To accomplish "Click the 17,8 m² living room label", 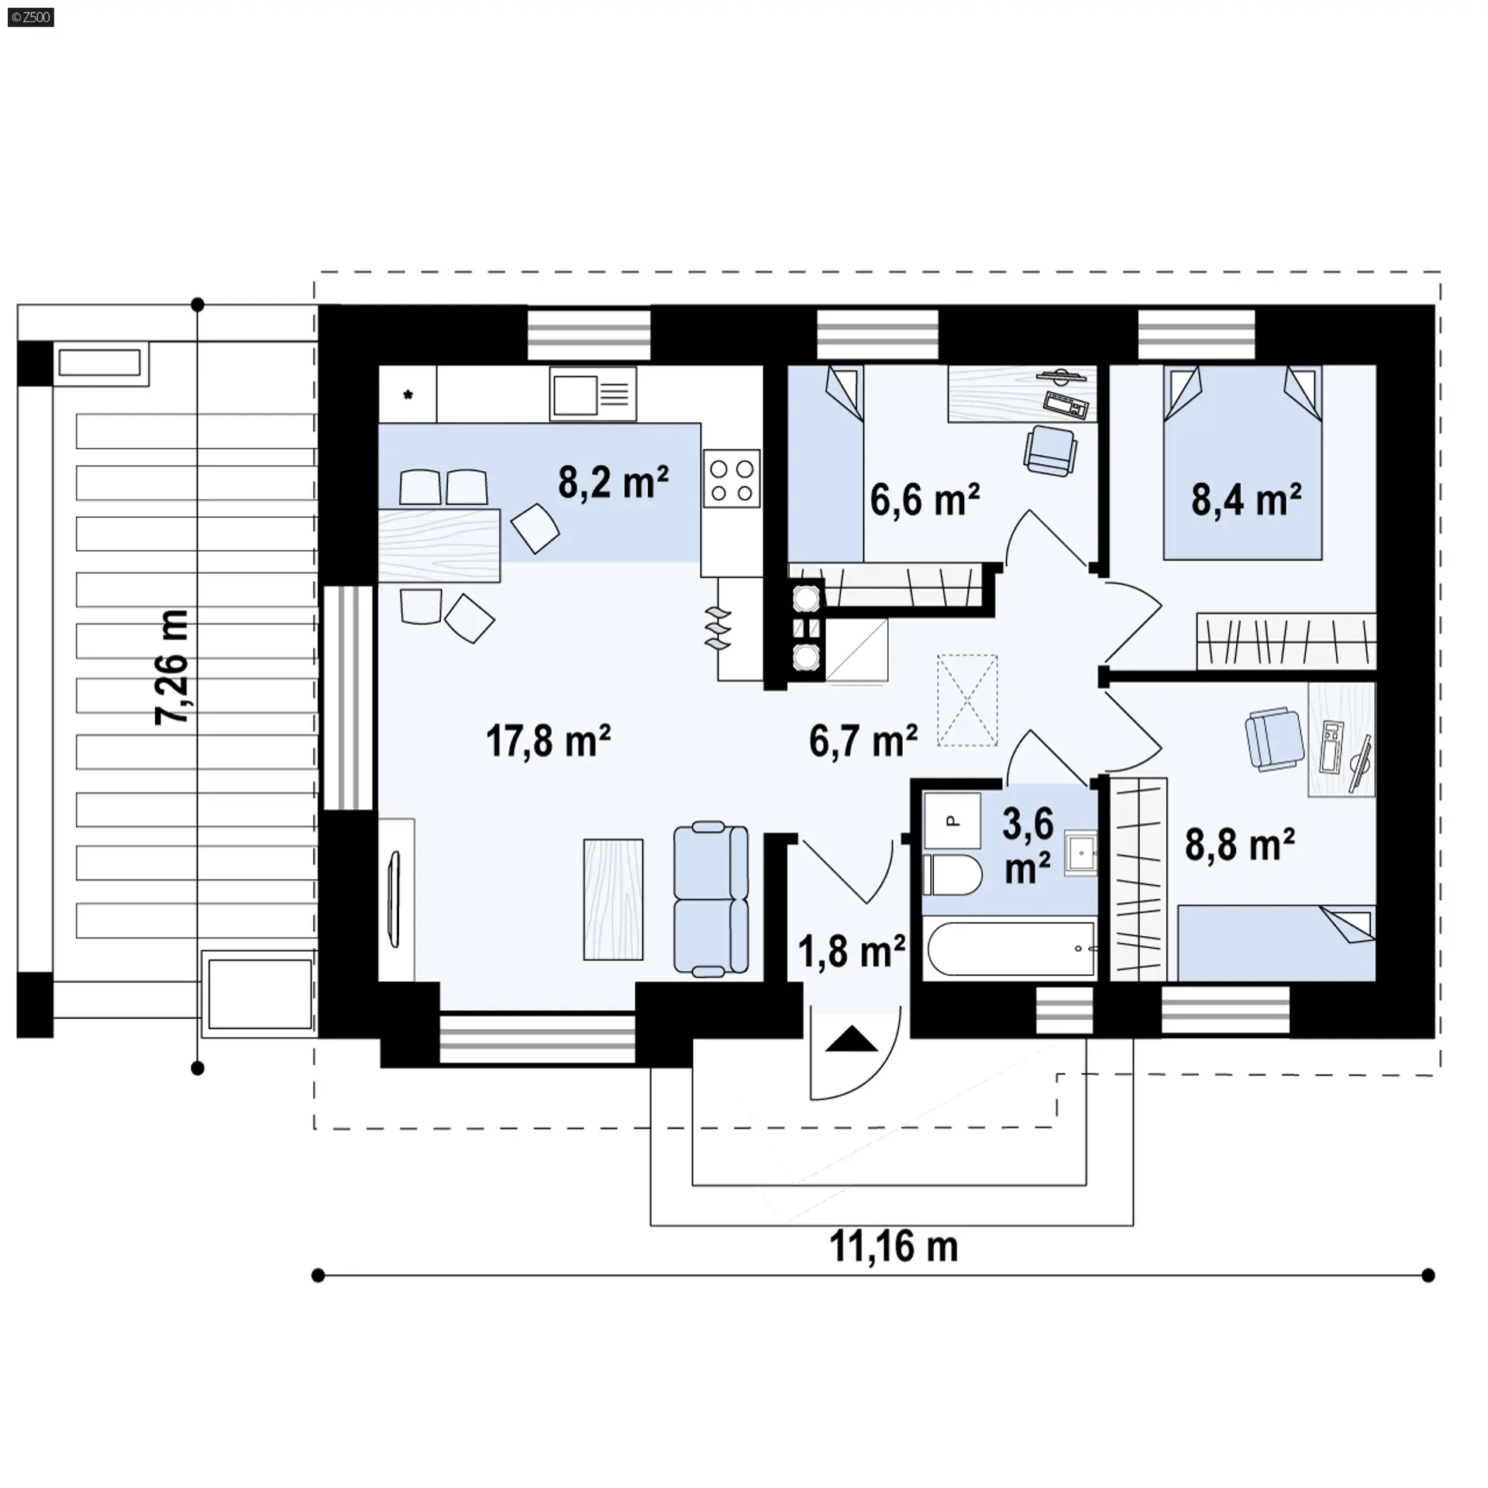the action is pyautogui.click(x=548, y=740).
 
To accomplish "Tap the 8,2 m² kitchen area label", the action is pyautogui.click(x=613, y=482).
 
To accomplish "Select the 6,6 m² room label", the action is pyautogui.click(x=925, y=499).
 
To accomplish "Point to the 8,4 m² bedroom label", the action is pyautogui.click(x=1246, y=499).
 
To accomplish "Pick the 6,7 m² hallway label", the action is pyautogui.click(x=863, y=740).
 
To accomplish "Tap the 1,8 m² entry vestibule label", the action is pyautogui.click(x=852, y=952).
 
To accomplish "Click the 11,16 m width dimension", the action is pyautogui.click(x=894, y=1247).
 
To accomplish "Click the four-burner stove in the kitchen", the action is pyautogui.click(x=732, y=479).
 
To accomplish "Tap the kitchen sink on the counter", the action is pyautogui.click(x=593, y=393).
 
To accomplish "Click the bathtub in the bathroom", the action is pyautogui.click(x=1011, y=948).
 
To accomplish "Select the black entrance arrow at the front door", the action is pyautogui.click(x=852, y=1038).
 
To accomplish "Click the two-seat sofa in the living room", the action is pyautogui.click(x=711, y=899).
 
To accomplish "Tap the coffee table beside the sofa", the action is pyautogui.click(x=613, y=899).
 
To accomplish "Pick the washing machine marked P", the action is pyautogui.click(x=952, y=819).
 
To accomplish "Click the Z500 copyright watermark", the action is pyautogui.click(x=30, y=16).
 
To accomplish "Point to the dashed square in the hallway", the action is pyautogui.click(x=967, y=701).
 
